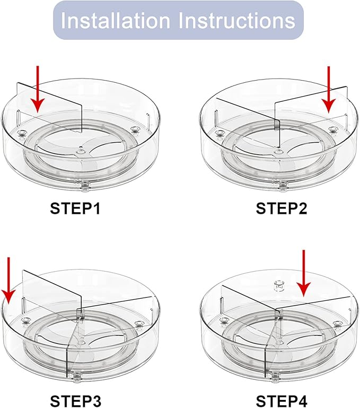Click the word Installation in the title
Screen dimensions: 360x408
point(115,20)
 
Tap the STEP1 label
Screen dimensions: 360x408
point(75,209)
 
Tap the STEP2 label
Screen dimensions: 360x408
point(282,209)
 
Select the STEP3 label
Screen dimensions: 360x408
point(75,401)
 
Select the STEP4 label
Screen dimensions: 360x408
point(282,401)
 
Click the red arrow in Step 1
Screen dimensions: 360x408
point(38,89)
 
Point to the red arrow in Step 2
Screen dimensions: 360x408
point(329,89)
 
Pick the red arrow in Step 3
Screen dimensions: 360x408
point(9,280)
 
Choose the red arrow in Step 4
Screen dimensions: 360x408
point(304,273)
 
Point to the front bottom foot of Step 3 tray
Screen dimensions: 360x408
point(75,377)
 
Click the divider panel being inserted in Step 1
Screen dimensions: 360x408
point(49,107)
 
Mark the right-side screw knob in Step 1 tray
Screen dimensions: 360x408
point(135,129)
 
